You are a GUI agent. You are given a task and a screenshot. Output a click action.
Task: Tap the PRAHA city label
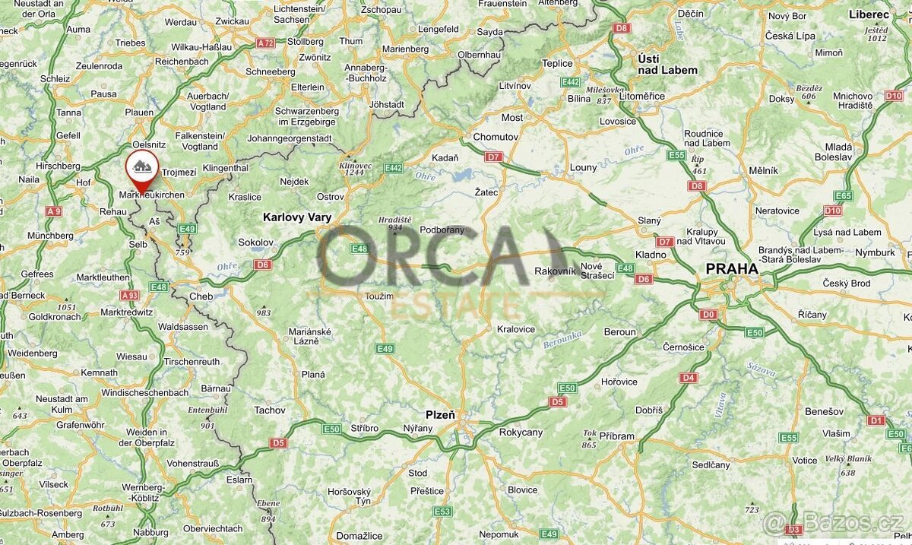(x=732, y=269)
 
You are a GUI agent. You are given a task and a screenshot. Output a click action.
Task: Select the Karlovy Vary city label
(x=297, y=217)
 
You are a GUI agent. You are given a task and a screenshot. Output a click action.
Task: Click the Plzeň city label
(x=440, y=414)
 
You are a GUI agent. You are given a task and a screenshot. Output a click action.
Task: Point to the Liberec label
(x=870, y=14)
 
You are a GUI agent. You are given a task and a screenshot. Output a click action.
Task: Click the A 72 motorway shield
(x=265, y=43)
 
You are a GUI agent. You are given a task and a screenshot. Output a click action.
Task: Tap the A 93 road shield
(x=129, y=295)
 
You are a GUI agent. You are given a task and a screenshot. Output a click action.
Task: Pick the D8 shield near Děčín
(x=622, y=28)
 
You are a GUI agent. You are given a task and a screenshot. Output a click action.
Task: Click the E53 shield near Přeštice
(x=443, y=512)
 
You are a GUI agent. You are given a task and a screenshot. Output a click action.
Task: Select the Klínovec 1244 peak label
(x=355, y=168)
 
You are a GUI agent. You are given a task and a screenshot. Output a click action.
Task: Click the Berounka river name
(x=562, y=340)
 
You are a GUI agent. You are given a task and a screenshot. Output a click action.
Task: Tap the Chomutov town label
(x=496, y=137)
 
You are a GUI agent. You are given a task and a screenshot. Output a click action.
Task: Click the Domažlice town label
(x=359, y=536)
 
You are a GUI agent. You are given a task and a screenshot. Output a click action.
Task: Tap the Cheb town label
(x=201, y=296)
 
